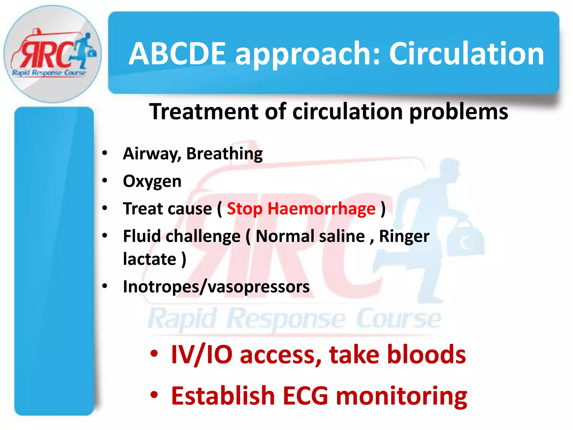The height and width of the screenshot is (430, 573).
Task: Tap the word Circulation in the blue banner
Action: point(466,53)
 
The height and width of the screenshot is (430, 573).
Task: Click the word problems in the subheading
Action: point(459,111)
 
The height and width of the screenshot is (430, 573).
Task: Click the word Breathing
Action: point(224,154)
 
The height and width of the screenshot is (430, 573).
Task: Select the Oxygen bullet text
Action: point(152,181)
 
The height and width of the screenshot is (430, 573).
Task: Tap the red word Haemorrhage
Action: point(321,209)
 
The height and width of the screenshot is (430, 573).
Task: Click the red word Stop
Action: point(245,209)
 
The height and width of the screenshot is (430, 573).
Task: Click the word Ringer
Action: point(404,236)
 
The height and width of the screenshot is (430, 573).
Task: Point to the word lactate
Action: point(150,259)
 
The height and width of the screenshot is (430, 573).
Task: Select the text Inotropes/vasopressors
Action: point(216,287)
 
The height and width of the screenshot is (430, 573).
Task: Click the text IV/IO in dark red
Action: point(201,355)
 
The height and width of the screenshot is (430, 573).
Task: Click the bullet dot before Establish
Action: point(154,395)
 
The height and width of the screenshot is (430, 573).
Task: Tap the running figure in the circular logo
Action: point(84,49)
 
